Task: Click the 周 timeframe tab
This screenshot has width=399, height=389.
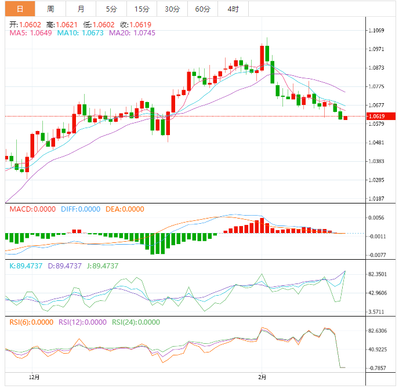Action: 50,9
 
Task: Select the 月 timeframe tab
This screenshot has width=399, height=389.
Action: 81,9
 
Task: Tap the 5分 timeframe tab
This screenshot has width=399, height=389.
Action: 111,9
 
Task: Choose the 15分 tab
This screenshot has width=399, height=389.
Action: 142,9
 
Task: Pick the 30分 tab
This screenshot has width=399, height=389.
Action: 172,9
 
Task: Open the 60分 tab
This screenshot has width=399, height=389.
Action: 203,9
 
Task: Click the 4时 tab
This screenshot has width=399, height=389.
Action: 233,9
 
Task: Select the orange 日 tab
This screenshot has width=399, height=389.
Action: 20,9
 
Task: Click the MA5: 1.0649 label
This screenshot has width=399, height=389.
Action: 31,33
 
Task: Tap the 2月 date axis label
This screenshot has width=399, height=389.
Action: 262,377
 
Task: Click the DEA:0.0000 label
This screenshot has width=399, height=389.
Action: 124,209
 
